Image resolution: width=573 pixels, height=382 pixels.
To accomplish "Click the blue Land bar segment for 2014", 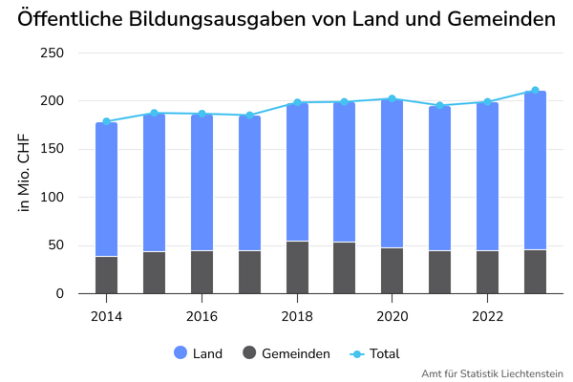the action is click(x=106, y=189).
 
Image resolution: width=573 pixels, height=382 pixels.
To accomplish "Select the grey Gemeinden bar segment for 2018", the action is click(x=297, y=267).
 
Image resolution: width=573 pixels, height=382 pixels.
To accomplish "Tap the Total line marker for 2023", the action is click(x=535, y=91).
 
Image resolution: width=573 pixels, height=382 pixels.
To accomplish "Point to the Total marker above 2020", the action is click(x=393, y=98).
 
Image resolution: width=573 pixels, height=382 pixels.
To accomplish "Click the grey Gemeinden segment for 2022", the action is click(x=487, y=272).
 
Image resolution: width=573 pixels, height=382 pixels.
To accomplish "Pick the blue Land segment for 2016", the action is click(x=202, y=182).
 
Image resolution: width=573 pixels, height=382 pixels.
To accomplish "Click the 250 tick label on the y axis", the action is click(x=52, y=53).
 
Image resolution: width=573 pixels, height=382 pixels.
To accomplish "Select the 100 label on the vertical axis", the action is click(x=52, y=198).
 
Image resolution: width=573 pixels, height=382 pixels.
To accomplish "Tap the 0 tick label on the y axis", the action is click(x=60, y=293).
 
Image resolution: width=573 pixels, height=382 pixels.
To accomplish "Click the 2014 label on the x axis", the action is click(x=106, y=316).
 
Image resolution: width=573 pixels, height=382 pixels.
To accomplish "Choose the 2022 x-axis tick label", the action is click(x=487, y=316).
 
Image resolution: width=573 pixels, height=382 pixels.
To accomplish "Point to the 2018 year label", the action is click(x=297, y=316).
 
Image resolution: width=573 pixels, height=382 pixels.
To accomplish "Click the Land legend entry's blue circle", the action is click(x=180, y=352).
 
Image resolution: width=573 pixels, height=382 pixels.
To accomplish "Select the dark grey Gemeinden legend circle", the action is click(x=249, y=352).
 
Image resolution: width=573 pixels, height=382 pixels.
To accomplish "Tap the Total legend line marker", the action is click(x=357, y=354).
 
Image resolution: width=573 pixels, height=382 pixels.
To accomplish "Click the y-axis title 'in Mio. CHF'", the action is click(x=23, y=173).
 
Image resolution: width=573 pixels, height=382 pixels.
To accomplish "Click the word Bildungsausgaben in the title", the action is click(x=217, y=19).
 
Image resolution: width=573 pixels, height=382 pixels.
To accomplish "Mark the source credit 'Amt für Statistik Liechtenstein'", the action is click(x=492, y=374).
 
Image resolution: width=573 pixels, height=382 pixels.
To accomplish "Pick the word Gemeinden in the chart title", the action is click(x=501, y=19).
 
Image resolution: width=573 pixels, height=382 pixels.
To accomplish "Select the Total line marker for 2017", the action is click(x=249, y=116).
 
